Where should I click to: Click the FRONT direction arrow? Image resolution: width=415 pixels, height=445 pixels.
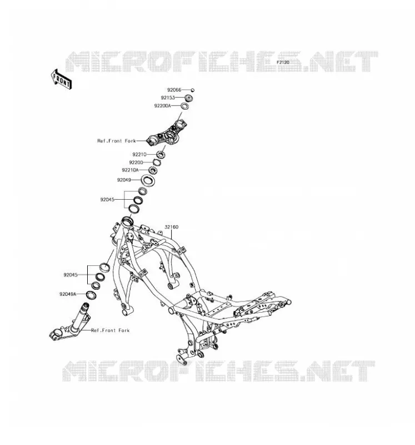click(61, 80)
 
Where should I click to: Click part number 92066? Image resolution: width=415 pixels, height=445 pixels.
click(174, 90)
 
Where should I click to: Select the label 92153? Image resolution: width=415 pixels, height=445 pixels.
click(168, 98)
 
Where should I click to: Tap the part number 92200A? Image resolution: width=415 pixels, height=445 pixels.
click(162, 106)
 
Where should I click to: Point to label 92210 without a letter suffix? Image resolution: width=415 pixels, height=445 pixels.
click(139, 155)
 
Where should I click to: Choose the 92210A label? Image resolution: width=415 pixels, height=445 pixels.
click(130, 170)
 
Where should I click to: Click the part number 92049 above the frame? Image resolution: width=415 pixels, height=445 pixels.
click(124, 180)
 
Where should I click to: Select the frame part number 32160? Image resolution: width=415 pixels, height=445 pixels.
click(172, 227)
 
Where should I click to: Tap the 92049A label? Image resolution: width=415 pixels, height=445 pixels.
click(68, 294)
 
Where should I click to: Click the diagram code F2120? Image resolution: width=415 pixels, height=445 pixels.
click(283, 62)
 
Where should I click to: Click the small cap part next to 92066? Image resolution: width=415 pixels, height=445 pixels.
click(192, 90)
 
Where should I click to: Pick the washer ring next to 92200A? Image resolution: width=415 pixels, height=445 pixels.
click(185, 106)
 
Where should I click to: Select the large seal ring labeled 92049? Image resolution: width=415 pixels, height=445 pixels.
click(148, 181)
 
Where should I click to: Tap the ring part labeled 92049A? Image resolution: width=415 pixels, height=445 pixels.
click(91, 295)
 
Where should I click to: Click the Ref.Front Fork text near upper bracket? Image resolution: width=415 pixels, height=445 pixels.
click(117, 141)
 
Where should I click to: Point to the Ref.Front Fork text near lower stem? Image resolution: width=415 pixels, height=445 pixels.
click(110, 330)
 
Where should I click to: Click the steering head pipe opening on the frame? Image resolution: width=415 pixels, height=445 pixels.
click(127, 221)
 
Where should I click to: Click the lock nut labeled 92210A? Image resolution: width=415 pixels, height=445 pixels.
click(153, 170)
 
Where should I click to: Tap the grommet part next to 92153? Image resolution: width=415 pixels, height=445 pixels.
click(189, 98)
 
